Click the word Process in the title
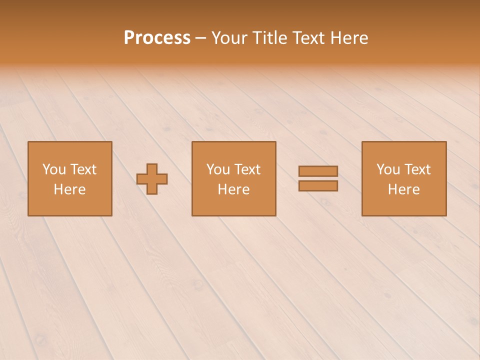pos(157,38)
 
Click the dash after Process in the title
pos(200,38)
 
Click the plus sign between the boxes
pos(152,179)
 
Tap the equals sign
pos(318,178)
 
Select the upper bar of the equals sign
pos(318,171)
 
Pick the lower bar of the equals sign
pos(318,185)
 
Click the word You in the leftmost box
pos(54,169)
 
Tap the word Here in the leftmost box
pos(70,189)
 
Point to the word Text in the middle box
pos(247,169)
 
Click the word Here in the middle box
pos(233,189)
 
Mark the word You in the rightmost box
pos(388,169)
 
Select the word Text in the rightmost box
pos(417,169)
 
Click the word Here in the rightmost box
pos(404,189)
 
